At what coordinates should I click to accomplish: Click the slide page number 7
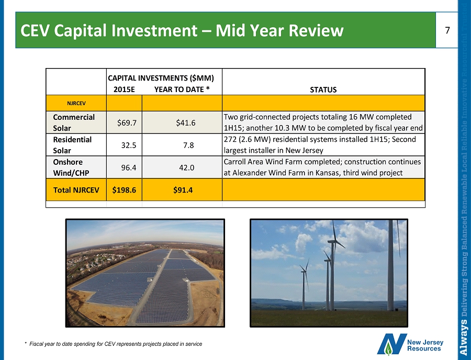(x=447, y=30)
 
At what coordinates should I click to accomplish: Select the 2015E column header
(x=125, y=89)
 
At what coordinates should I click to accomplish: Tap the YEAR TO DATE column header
(x=182, y=89)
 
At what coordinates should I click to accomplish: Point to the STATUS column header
(x=323, y=89)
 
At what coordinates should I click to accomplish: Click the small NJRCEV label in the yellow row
(x=76, y=103)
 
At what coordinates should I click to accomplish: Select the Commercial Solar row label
(x=74, y=122)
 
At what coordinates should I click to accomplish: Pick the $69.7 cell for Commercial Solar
(x=127, y=123)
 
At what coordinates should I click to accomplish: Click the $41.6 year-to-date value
(x=186, y=123)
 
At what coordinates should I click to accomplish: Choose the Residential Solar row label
(x=72, y=145)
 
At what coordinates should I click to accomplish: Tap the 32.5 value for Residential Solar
(x=129, y=145)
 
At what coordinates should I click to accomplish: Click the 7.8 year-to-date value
(x=188, y=145)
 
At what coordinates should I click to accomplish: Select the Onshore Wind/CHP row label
(x=71, y=167)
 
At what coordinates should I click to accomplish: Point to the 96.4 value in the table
(x=129, y=167)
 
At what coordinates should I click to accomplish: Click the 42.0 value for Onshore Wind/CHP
(x=186, y=167)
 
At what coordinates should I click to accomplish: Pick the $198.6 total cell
(x=124, y=190)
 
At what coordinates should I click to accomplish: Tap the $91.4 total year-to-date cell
(x=183, y=190)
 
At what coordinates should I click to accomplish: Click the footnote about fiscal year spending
(x=114, y=344)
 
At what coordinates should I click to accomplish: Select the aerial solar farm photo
(x=145, y=273)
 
